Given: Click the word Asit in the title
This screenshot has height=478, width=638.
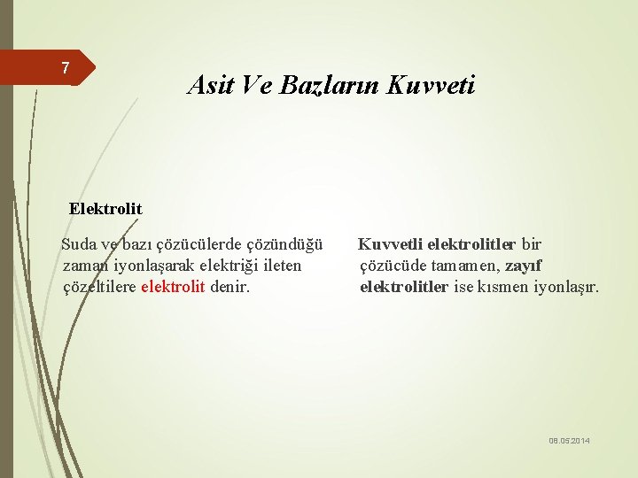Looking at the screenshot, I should (x=208, y=85).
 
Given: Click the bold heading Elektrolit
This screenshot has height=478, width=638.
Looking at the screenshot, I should (x=105, y=209).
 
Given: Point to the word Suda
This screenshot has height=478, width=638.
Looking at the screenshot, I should (x=78, y=244).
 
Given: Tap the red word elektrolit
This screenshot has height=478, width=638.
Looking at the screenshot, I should (x=173, y=287).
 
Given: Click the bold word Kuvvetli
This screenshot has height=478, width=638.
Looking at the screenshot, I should (x=389, y=244).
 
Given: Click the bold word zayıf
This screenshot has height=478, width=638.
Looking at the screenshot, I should (x=524, y=266).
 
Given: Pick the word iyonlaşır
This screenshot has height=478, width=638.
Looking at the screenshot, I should (x=566, y=287).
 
